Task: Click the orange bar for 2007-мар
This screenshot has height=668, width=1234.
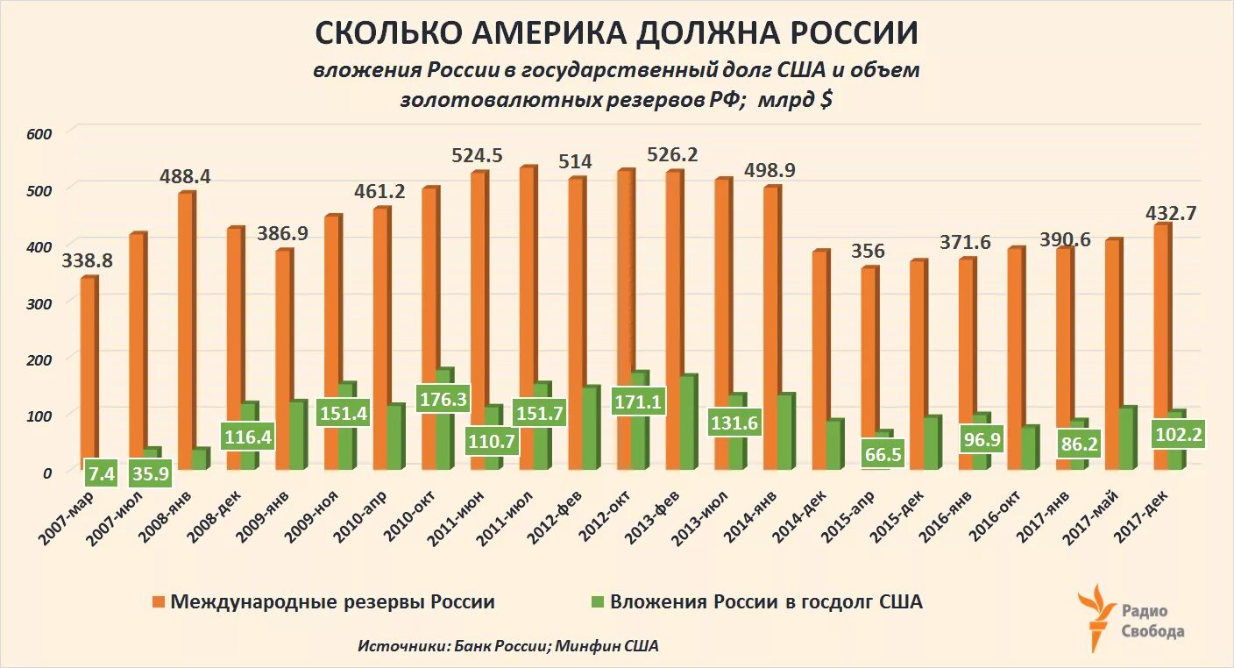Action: pos(88,373)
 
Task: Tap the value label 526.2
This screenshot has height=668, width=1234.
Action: pos(672,154)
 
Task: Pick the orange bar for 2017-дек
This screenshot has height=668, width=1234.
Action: pos(1160,346)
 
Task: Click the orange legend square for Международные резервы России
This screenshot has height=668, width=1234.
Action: pos(159,602)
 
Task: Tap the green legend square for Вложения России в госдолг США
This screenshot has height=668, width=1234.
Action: pos(598,602)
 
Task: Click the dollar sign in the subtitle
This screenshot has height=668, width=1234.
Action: pos(825,100)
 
